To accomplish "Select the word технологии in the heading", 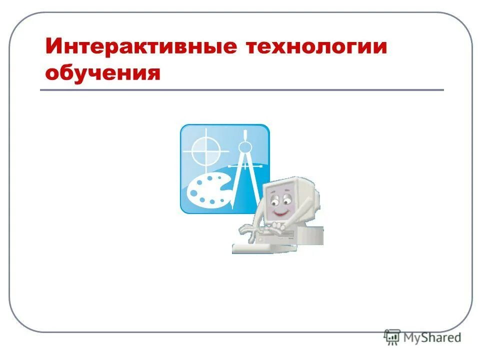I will tap(317, 47).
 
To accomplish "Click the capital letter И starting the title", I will tap(54, 47).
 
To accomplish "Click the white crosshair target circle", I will tap(205, 149).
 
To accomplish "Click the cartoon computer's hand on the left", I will tap(248, 229).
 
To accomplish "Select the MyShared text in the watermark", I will tap(432, 337).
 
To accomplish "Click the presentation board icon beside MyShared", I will tap(392, 337).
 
